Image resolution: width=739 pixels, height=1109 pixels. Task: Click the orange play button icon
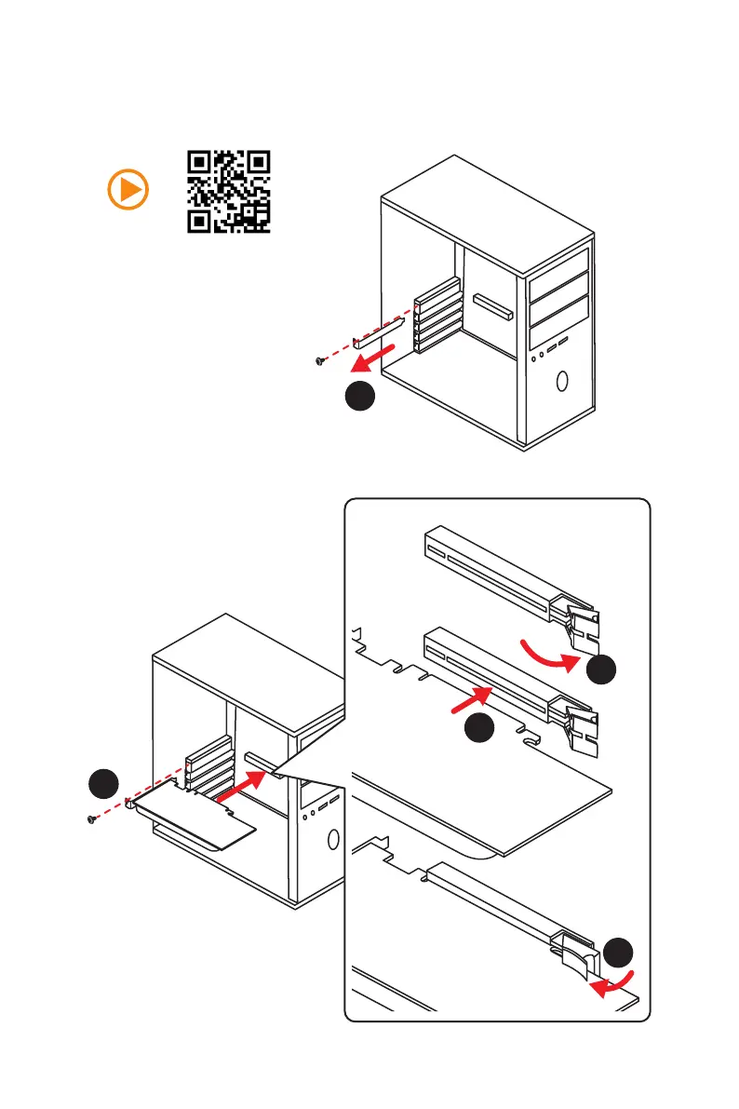click(128, 190)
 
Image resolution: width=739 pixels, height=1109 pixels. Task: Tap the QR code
click(229, 191)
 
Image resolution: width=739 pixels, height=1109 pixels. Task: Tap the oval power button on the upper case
click(563, 381)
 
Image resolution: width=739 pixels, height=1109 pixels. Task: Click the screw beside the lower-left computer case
click(90, 818)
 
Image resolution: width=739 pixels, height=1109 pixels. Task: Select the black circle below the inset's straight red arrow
click(479, 728)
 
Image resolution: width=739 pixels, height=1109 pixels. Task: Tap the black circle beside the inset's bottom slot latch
click(618, 954)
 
